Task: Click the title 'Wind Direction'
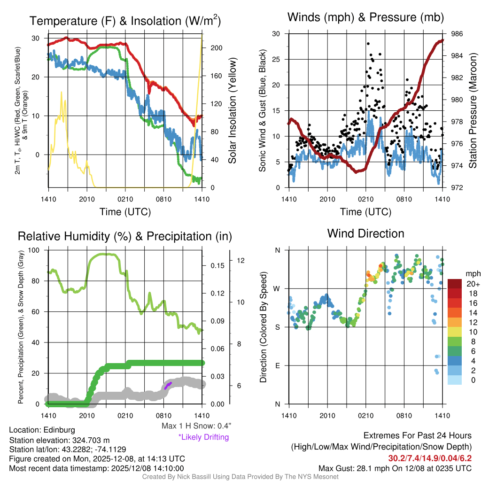(x=365, y=233)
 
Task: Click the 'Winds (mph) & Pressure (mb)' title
(x=365, y=17)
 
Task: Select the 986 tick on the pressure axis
(x=457, y=34)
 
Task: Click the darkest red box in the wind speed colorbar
(x=455, y=284)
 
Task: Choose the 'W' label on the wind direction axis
(x=278, y=288)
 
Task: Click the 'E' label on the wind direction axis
(x=278, y=365)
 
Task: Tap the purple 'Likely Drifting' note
(x=203, y=437)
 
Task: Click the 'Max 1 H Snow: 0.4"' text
(x=196, y=426)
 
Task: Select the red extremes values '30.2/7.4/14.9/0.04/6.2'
(x=430, y=458)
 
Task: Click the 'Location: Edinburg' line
(x=42, y=430)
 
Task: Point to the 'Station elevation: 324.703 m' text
(x=59, y=440)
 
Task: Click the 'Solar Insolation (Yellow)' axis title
(x=232, y=111)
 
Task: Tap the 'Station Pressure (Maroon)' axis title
(x=473, y=111)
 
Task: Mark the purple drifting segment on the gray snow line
(x=168, y=386)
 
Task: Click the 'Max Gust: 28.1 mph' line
(x=395, y=468)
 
